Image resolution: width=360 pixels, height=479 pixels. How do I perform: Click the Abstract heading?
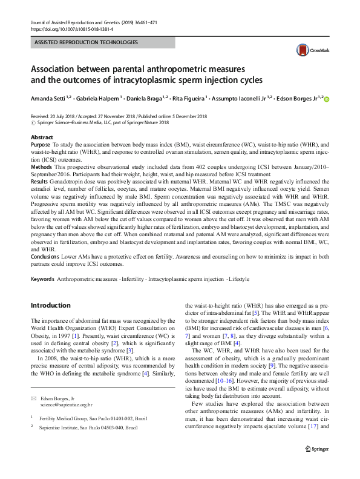click(42, 137)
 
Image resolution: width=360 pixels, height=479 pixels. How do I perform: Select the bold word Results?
click(40, 180)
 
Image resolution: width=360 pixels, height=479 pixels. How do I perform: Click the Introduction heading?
click(50, 305)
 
